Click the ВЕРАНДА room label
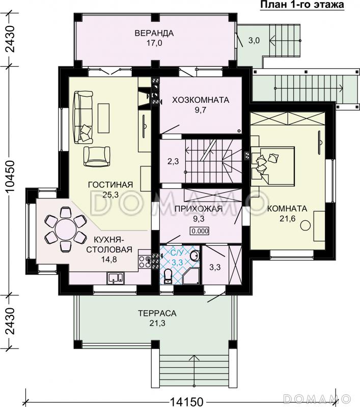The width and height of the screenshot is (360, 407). (x=154, y=33)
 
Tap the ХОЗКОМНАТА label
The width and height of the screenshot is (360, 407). (x=201, y=100)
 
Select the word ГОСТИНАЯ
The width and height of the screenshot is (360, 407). (x=110, y=185)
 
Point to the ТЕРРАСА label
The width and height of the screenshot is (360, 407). (x=157, y=313)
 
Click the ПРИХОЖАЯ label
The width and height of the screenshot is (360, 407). (x=199, y=209)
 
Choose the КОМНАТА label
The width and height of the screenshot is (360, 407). (x=287, y=209)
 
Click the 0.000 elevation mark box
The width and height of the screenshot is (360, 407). (x=200, y=231)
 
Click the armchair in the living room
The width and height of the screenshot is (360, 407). (x=97, y=156)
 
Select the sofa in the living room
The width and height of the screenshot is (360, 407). (x=83, y=117)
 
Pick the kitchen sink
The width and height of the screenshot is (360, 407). (x=116, y=278)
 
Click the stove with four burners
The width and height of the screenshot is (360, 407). (x=145, y=262)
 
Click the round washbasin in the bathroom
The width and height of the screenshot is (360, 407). (x=195, y=256)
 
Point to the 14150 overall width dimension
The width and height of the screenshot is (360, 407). (x=186, y=401)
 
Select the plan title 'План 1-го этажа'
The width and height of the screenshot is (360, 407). (x=302, y=5)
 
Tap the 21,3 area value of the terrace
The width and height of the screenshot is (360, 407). (x=157, y=324)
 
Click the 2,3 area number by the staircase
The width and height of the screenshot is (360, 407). (x=173, y=161)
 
